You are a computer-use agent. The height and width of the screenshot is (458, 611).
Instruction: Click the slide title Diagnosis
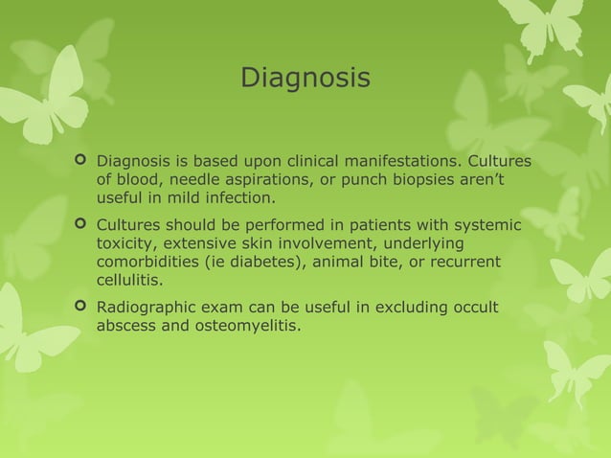(x=305, y=77)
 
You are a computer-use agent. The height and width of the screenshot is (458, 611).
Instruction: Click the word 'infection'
(x=239, y=198)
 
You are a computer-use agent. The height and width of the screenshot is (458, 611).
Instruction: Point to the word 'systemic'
(x=488, y=226)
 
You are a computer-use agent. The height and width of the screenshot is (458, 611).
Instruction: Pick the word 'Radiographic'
(x=145, y=309)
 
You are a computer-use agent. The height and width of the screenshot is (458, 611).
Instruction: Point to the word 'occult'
(x=487, y=309)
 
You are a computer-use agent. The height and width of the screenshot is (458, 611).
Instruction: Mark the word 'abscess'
(x=126, y=328)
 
